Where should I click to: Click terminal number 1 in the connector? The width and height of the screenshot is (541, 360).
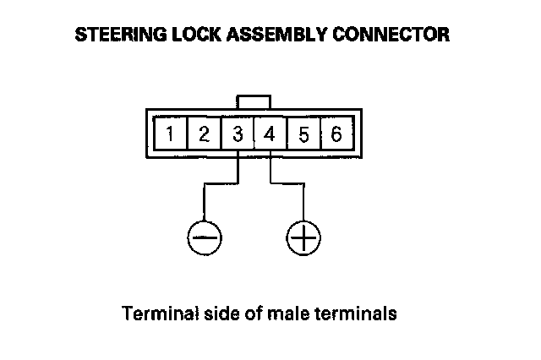click(171, 134)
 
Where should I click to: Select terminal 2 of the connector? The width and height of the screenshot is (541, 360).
click(204, 134)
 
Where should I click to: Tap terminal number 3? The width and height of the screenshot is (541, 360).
click(237, 134)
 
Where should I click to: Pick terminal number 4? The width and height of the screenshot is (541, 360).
click(270, 134)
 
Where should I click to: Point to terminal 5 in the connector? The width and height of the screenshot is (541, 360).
click(303, 134)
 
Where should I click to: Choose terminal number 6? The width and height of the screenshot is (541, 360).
click(336, 134)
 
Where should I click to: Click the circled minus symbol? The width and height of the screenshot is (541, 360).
click(204, 237)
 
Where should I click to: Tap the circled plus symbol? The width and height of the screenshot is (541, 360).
click(303, 237)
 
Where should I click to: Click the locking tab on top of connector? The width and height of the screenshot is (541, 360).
click(254, 101)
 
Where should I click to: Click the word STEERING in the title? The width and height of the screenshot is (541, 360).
click(112, 36)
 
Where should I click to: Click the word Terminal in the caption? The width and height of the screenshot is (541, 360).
click(155, 315)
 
